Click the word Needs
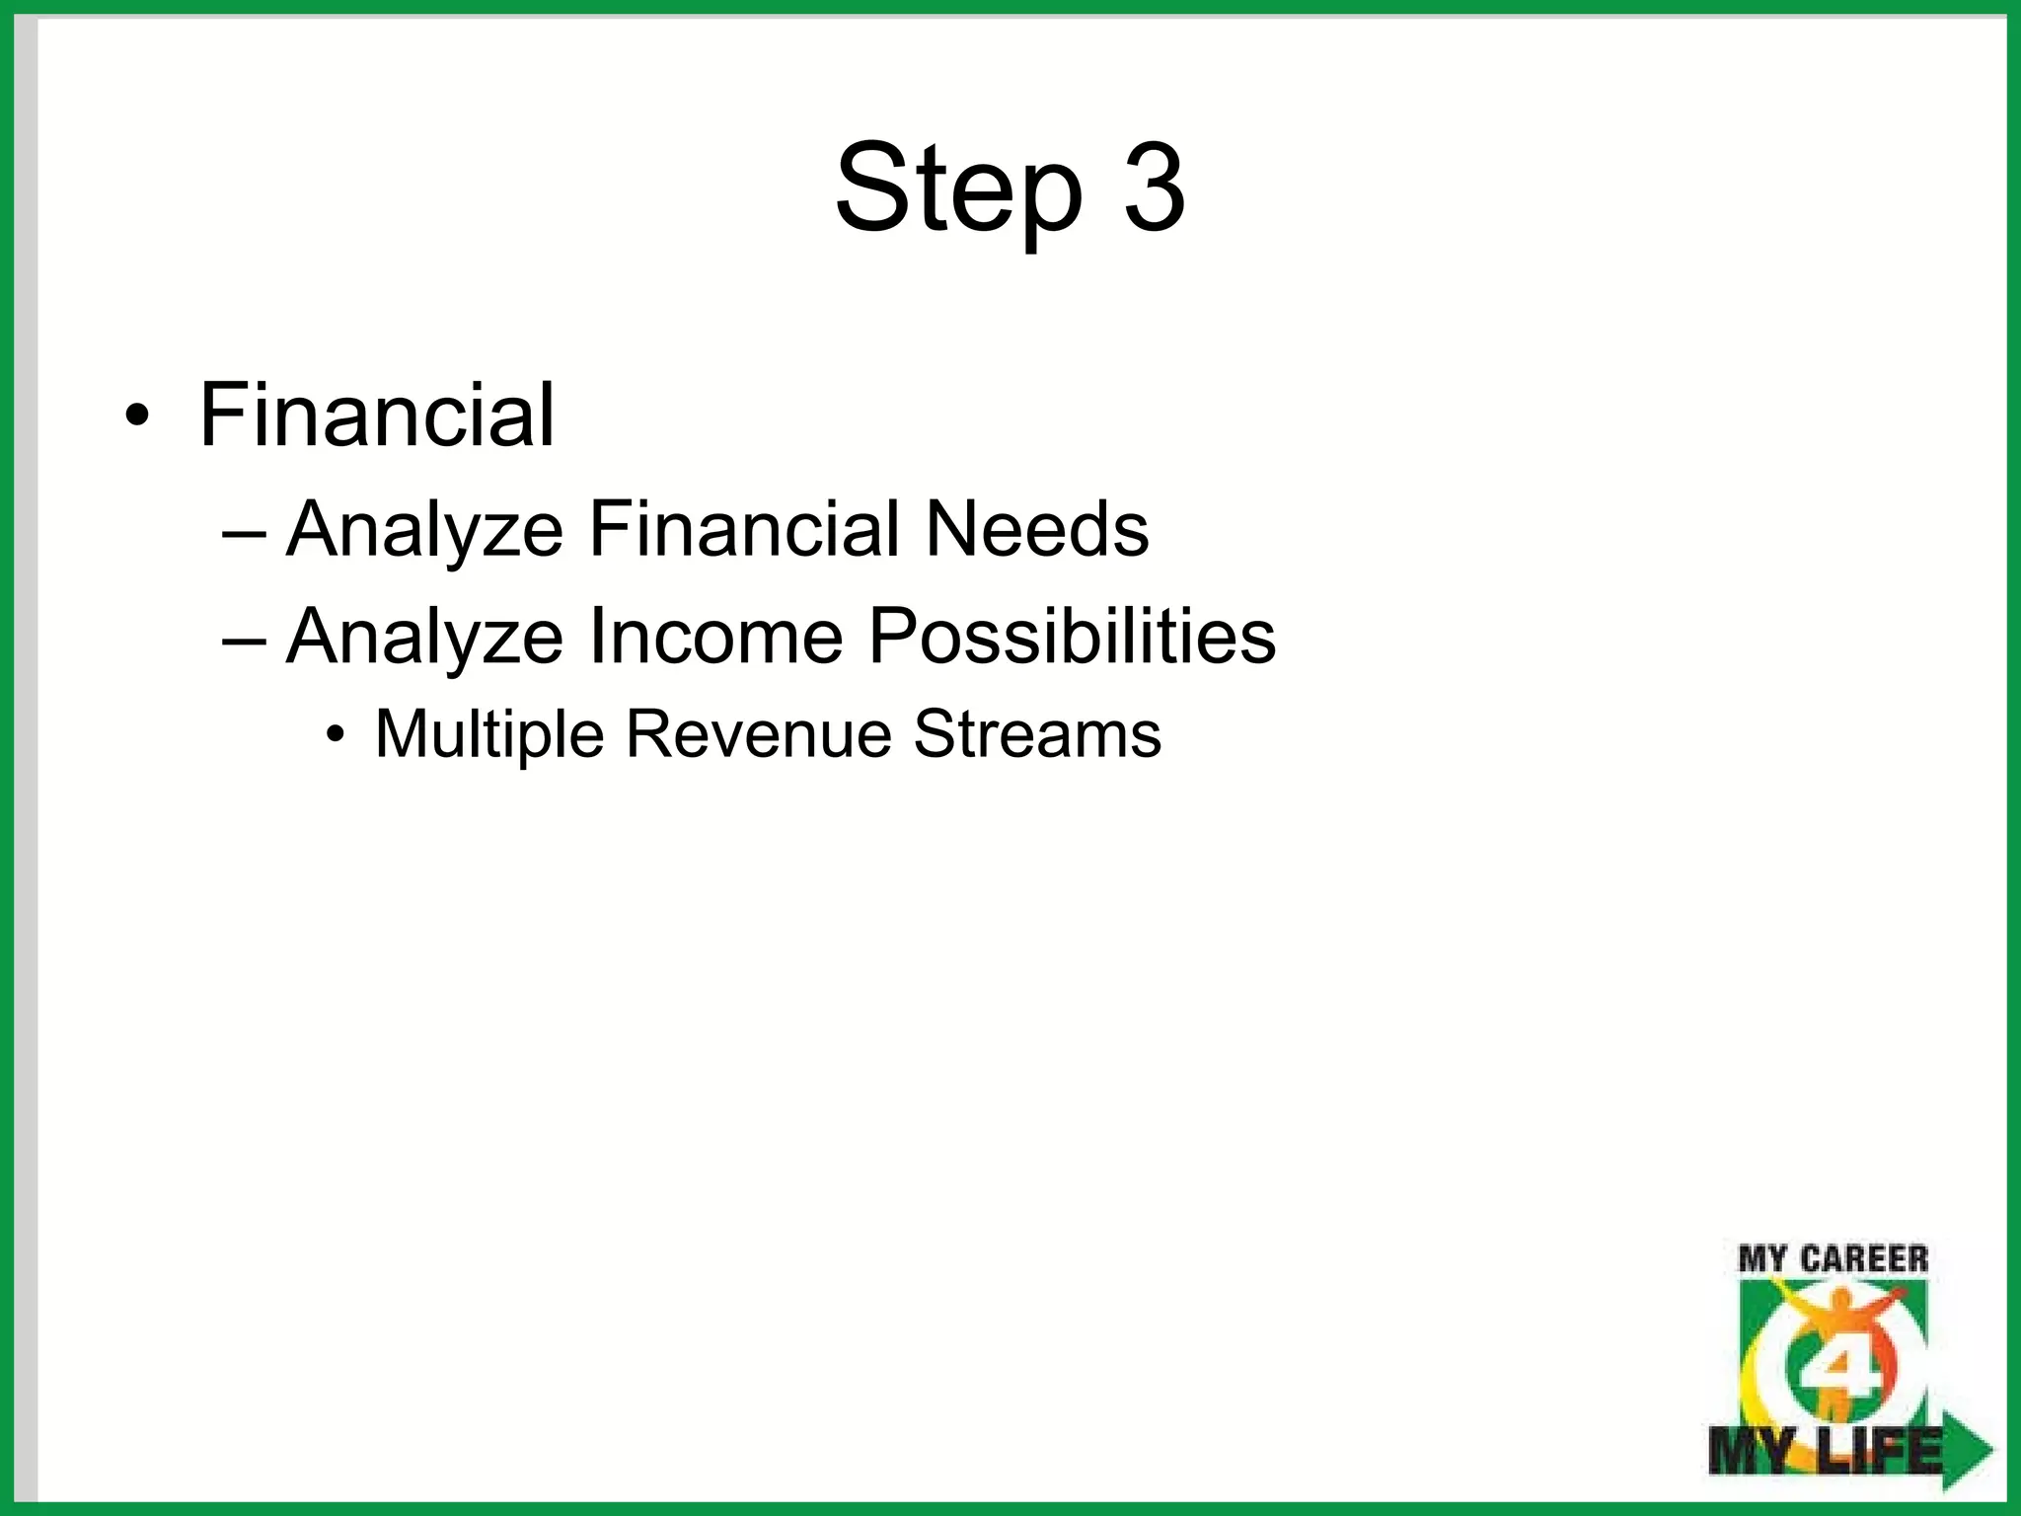[x=1036, y=529]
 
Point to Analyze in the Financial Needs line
[x=424, y=531]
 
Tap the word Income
[x=716, y=636]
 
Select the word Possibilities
[x=1072, y=636]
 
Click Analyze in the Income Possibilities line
[x=424, y=638]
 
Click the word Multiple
[x=489, y=735]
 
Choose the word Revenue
[x=758, y=734]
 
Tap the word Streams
[x=1037, y=734]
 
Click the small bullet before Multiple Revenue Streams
[x=337, y=735]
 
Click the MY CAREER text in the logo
[x=1833, y=1259]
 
